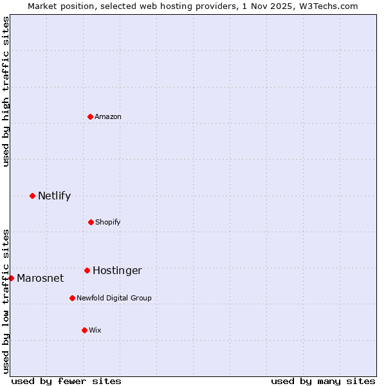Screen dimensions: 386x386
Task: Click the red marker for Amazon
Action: pos(90,116)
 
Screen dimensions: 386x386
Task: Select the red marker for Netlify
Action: pos(32,196)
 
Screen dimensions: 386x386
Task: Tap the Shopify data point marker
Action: pos(91,222)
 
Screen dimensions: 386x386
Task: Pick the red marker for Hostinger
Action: pos(87,270)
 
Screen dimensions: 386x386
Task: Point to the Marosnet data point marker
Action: pos(11,278)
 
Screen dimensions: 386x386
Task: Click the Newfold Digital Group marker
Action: pos(72,298)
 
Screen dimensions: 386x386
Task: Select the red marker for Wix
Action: pos(84,330)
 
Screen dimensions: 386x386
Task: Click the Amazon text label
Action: pos(108,116)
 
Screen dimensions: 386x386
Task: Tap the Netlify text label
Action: pos(54,196)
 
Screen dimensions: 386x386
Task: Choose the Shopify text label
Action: pos(108,222)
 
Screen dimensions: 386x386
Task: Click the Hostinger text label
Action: pos(117,270)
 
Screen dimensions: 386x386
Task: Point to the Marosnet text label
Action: pos(41,278)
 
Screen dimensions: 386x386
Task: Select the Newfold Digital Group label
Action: pos(114,298)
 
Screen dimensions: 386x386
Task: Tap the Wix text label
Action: pos(95,330)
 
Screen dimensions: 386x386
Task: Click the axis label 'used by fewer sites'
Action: pos(66,381)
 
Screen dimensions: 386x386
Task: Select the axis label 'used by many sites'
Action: pos(323,381)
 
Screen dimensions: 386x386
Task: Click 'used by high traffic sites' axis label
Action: pos(6,91)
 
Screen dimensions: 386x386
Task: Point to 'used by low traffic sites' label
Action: pos(6,301)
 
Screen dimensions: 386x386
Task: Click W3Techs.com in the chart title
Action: pos(331,6)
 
